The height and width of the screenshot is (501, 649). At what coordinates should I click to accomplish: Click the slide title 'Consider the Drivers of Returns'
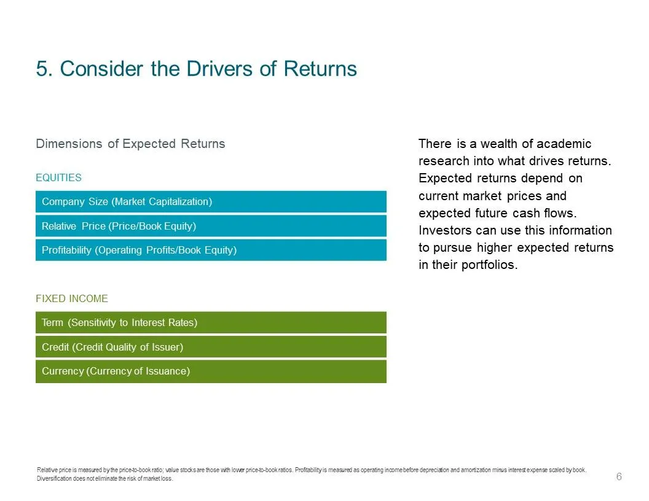(208, 69)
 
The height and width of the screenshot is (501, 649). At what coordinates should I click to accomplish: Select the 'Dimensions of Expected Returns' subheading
(130, 144)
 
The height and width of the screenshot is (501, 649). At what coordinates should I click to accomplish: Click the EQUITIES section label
(58, 178)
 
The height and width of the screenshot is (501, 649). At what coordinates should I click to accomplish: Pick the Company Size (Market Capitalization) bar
(211, 202)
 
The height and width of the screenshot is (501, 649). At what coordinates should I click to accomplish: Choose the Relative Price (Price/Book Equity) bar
(211, 226)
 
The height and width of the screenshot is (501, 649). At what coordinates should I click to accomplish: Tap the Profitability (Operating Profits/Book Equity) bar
(211, 250)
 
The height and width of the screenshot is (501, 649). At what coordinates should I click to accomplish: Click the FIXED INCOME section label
(72, 298)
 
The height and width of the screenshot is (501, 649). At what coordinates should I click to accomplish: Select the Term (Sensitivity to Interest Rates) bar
(211, 322)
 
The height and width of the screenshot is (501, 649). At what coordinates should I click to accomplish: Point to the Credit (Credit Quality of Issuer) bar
(211, 347)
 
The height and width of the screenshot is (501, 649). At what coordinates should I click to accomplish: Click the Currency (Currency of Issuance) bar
(211, 371)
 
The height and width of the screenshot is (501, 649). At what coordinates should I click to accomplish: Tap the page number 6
(619, 476)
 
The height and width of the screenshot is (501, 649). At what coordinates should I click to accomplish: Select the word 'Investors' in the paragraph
(445, 230)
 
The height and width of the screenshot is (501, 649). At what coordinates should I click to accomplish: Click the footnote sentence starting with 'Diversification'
(104, 479)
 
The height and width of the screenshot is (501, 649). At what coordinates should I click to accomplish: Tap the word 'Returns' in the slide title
(320, 69)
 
